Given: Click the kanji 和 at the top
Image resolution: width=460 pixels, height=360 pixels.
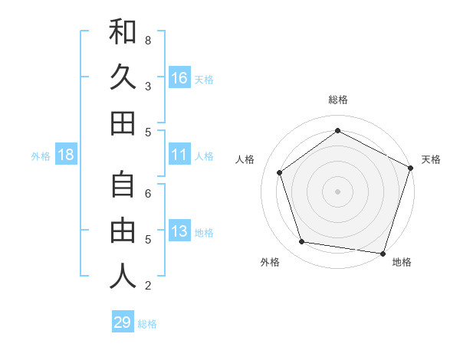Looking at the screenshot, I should pyautogui.click(x=123, y=32).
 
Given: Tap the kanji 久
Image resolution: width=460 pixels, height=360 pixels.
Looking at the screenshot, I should pyautogui.click(x=123, y=77).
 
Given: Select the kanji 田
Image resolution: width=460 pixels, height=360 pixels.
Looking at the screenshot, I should pyautogui.click(x=123, y=123).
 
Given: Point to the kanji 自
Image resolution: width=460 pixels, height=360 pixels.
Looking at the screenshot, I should pyautogui.click(x=123, y=185).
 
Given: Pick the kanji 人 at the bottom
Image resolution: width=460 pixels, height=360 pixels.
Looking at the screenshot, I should pyautogui.click(x=123, y=277).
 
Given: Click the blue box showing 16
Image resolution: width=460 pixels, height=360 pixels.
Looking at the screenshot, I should pyautogui.click(x=179, y=78).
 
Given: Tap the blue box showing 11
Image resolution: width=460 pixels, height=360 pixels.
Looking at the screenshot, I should pyautogui.click(x=179, y=155).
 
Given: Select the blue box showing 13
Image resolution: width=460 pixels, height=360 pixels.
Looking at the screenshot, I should pyautogui.click(x=179, y=231).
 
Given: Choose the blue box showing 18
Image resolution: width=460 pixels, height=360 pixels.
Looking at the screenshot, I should pyautogui.click(x=66, y=155).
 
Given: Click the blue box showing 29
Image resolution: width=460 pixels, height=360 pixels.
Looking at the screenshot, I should pyautogui.click(x=123, y=322).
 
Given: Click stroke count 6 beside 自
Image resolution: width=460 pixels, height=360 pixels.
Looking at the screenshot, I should pyautogui.click(x=148, y=194).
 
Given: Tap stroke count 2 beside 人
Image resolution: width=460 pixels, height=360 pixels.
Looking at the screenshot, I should pyautogui.click(x=148, y=286).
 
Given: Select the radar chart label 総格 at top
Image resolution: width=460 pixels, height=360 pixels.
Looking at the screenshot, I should pyautogui.click(x=337, y=100).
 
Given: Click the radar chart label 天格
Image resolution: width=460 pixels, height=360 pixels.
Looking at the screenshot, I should pyautogui.click(x=431, y=159).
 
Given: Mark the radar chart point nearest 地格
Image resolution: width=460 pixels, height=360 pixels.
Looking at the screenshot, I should pyautogui.click(x=383, y=253).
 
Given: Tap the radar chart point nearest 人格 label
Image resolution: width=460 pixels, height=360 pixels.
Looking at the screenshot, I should pyautogui.click(x=280, y=172).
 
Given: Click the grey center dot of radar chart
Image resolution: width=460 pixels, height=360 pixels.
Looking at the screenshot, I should pyautogui.click(x=337, y=191).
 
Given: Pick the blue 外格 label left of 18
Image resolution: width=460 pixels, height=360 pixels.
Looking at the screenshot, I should pyautogui.click(x=41, y=155).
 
